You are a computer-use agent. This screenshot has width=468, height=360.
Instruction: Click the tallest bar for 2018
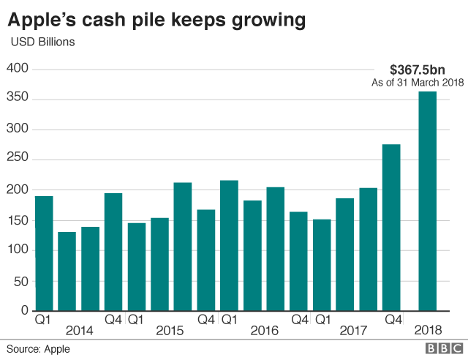(x=428, y=201)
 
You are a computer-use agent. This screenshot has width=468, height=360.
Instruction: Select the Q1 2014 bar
(x=44, y=253)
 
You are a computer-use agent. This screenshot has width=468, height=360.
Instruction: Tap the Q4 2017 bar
(x=391, y=228)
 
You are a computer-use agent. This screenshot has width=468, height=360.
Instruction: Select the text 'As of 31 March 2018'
(x=418, y=83)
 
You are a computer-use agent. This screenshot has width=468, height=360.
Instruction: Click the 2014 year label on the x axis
(x=79, y=331)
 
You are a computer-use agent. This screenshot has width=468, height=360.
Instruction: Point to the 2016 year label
(x=264, y=331)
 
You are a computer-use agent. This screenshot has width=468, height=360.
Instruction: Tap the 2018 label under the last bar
(x=428, y=331)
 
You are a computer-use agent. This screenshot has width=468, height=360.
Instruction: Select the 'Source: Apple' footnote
(x=39, y=349)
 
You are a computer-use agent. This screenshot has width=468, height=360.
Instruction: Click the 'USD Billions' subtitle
(x=42, y=42)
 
